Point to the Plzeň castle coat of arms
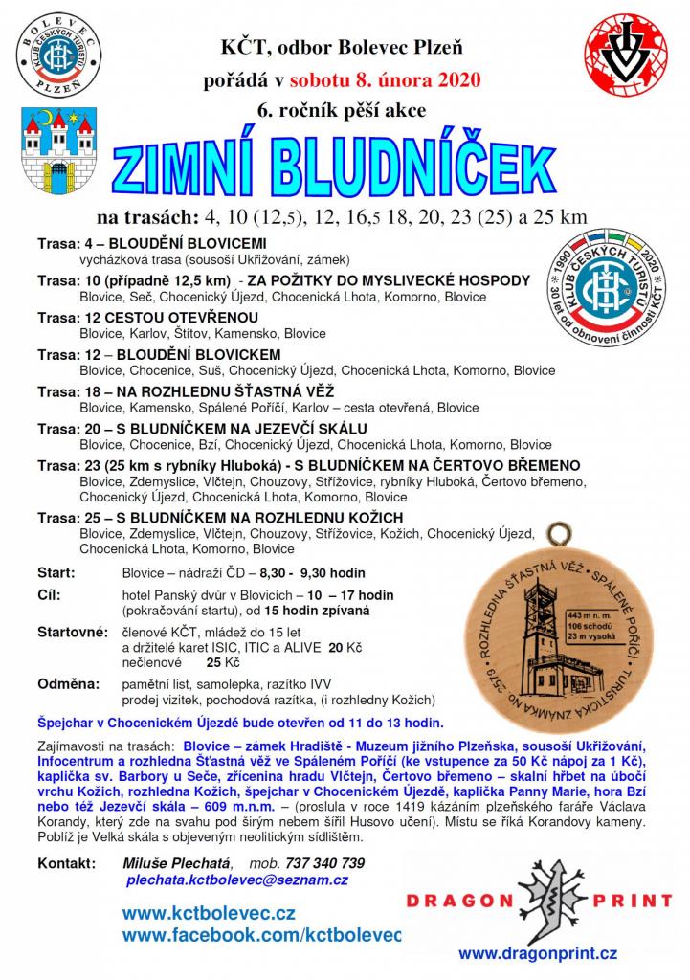pos(55,144)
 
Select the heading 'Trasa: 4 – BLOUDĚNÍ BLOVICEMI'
pos(151,243)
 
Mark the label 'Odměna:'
pos(67,684)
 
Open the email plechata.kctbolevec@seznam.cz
pos(235,880)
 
